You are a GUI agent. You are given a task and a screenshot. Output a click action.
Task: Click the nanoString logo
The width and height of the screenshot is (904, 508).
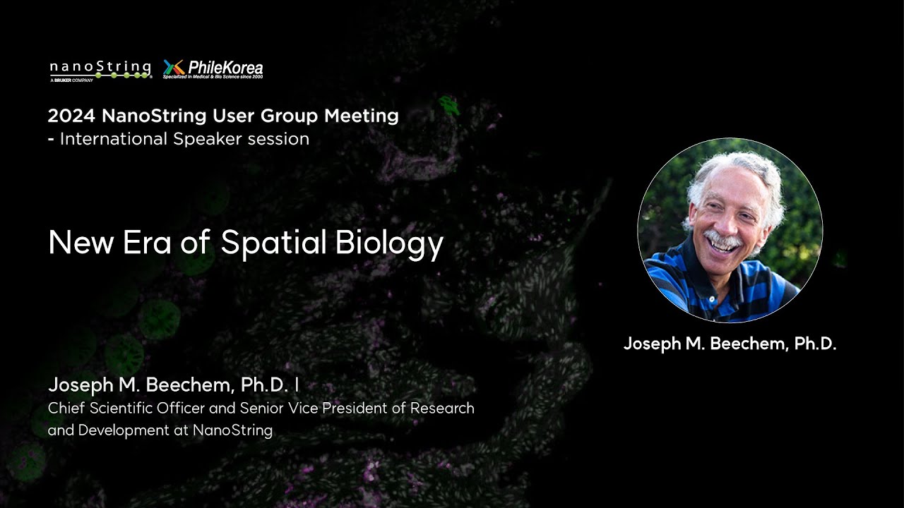[x=100, y=70]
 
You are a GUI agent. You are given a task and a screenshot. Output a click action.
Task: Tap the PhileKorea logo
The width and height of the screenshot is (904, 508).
[x=213, y=68]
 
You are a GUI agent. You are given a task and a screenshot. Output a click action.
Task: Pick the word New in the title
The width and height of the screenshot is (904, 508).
[x=79, y=243]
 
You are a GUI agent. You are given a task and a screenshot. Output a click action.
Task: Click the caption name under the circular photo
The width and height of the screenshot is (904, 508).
[x=730, y=344]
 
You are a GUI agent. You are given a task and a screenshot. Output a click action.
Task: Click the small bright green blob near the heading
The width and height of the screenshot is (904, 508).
[x=448, y=107]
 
